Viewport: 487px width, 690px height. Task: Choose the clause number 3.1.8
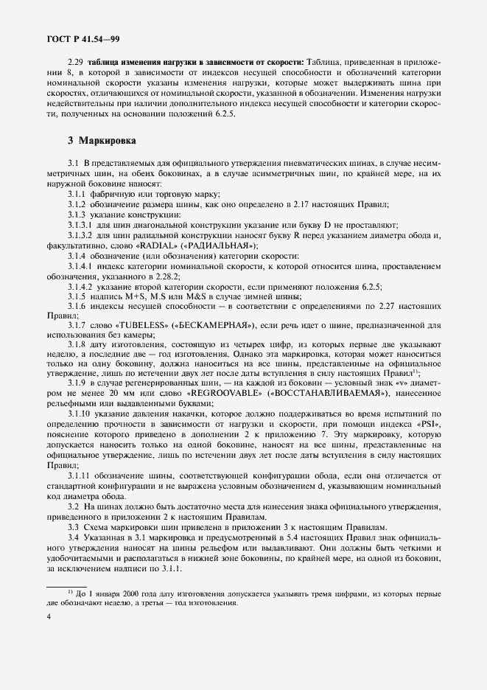[77, 345]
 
